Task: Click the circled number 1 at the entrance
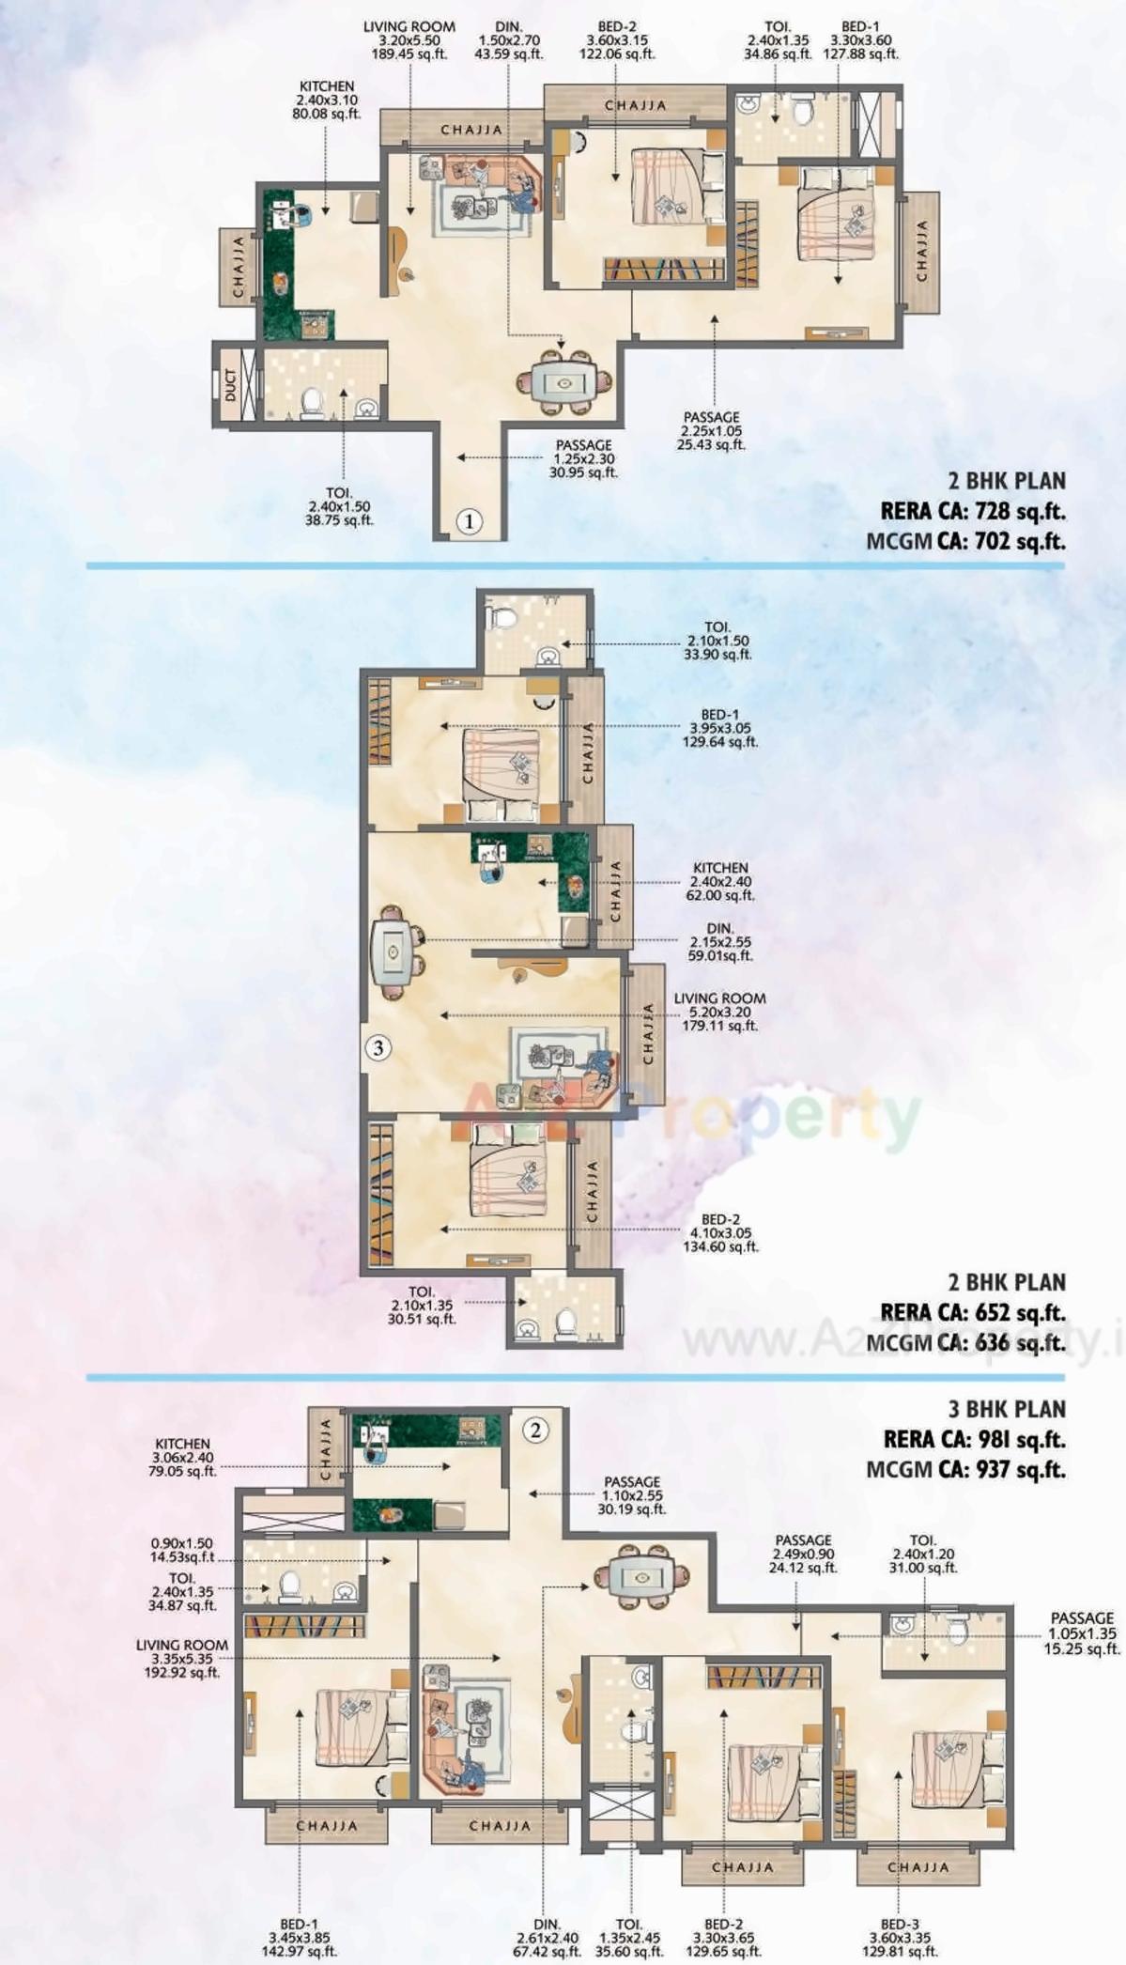470,521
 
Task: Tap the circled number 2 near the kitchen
535,1431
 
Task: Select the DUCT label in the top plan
231,385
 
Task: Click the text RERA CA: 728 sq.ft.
973,511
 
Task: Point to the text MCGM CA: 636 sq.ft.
965,1342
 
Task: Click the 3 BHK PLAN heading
1007,1409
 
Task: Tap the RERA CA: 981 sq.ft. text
974,1439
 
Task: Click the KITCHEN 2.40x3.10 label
326,101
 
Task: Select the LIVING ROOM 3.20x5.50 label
409,40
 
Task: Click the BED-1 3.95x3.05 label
719,728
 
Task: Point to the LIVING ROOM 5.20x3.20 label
719,1012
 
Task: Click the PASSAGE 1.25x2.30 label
583,458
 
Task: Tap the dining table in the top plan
563,382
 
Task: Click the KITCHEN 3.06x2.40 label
183,1457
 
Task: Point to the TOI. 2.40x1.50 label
339,506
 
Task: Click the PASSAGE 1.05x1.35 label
1082,1633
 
